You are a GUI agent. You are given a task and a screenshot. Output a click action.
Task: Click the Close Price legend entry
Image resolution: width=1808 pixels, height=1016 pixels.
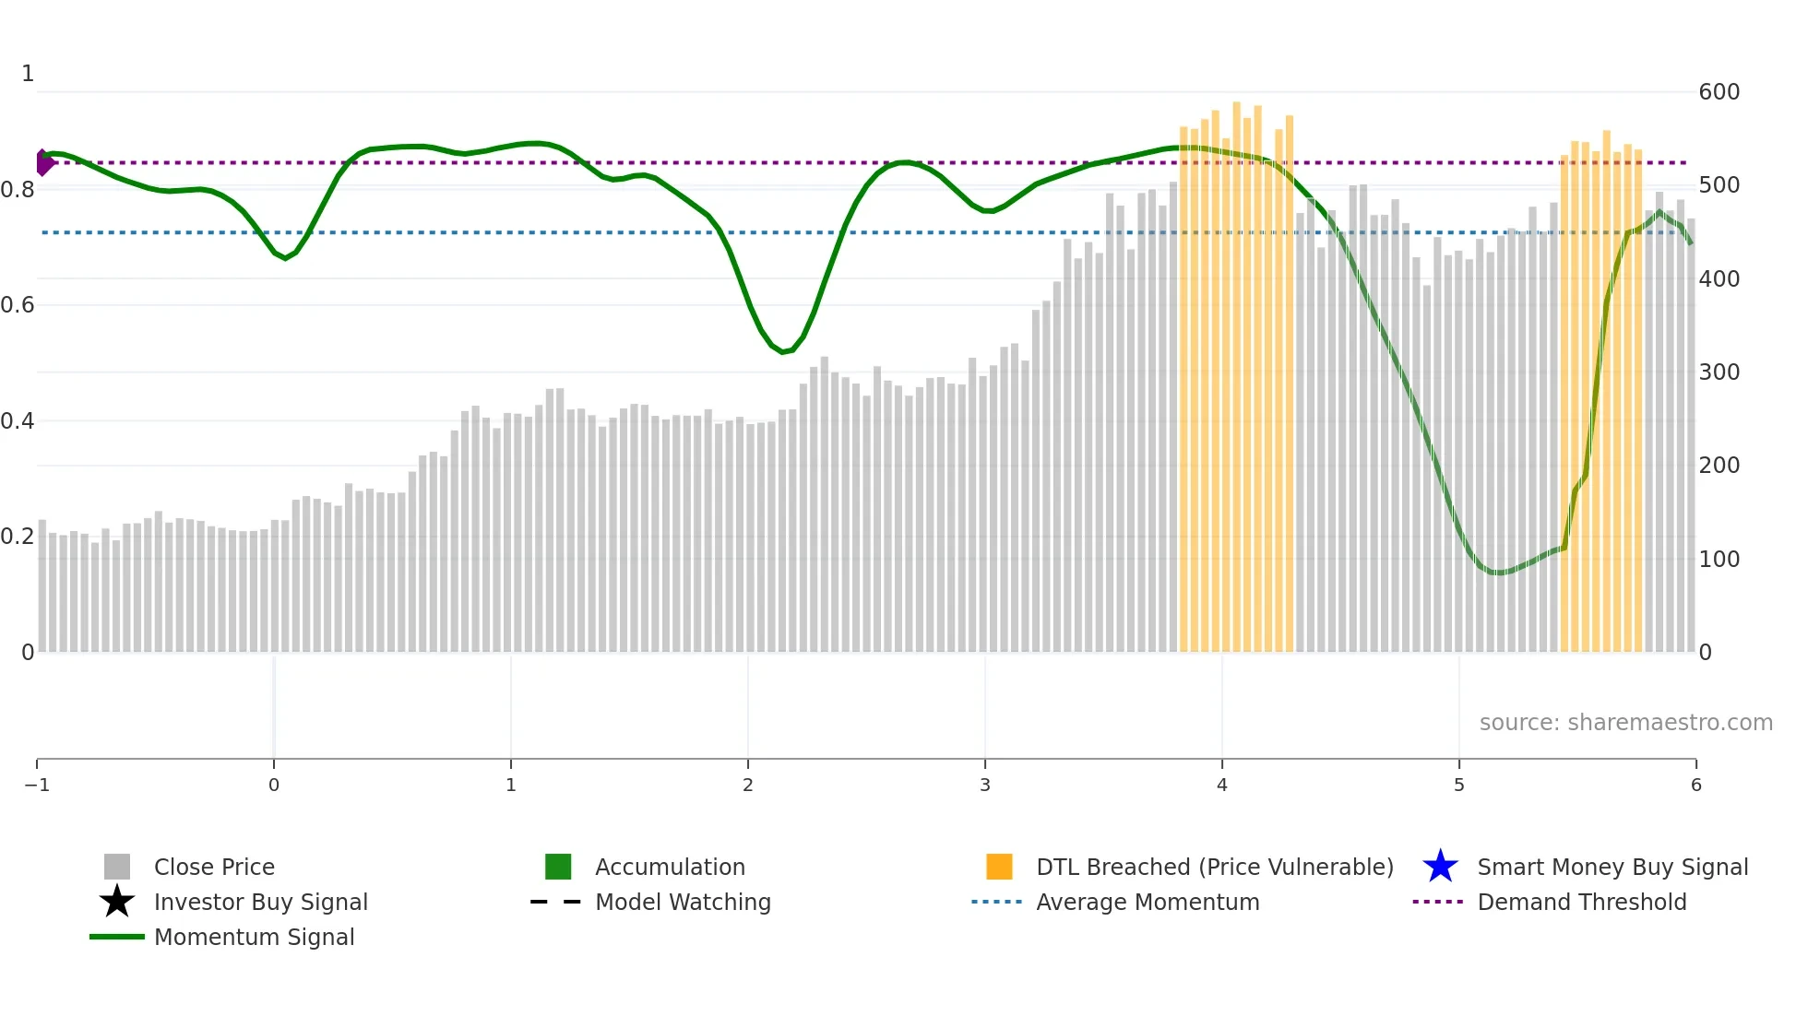pyautogui.click(x=214, y=867)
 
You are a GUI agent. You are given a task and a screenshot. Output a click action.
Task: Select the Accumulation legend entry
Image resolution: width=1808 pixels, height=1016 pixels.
pyautogui.click(x=670, y=867)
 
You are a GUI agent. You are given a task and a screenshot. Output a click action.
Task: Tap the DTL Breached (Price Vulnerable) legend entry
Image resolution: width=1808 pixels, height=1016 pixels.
pyautogui.click(x=1214, y=867)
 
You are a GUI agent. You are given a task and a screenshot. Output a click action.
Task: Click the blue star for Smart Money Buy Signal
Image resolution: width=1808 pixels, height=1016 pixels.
pyautogui.click(x=1440, y=867)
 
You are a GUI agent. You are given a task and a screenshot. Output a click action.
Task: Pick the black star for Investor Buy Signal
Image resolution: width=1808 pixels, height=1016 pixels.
pyautogui.click(x=117, y=902)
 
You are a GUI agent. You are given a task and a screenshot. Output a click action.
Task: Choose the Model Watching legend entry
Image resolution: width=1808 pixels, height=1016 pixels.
pyautogui.click(x=683, y=902)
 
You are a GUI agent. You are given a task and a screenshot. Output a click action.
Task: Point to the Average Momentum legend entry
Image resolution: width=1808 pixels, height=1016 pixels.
pyautogui.click(x=1148, y=902)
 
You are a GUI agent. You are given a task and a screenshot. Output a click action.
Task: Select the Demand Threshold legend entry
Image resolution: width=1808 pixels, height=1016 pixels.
pyautogui.click(x=1581, y=902)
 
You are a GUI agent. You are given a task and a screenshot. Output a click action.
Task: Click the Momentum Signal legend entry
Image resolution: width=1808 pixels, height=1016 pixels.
pyautogui.click(x=254, y=937)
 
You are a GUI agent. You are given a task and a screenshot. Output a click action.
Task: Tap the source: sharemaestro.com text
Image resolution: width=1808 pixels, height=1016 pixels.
pyautogui.click(x=1625, y=722)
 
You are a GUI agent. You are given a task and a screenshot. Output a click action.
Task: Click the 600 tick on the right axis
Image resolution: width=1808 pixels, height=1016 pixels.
pyautogui.click(x=1719, y=92)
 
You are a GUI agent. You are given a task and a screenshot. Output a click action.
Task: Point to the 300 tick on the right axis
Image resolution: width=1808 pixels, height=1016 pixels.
pyautogui.click(x=1719, y=372)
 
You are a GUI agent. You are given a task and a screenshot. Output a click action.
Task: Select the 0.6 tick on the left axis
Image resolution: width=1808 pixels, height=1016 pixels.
pyautogui.click(x=18, y=305)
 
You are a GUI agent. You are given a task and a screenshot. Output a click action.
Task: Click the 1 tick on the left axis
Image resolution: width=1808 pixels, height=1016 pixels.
pyautogui.click(x=28, y=74)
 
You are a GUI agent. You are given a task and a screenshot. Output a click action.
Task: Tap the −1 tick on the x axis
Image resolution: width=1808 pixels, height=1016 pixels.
pyautogui.click(x=37, y=785)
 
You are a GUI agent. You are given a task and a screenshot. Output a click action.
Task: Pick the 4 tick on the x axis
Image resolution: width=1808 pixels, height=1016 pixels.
pyautogui.click(x=1222, y=785)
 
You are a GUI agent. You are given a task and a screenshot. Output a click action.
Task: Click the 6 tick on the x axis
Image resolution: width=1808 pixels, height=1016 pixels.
pyautogui.click(x=1695, y=785)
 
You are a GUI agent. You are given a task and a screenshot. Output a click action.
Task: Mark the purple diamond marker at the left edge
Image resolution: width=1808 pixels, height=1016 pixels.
pyautogui.click(x=43, y=163)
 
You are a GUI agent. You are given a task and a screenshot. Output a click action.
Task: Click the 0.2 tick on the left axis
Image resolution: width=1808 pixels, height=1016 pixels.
pyautogui.click(x=18, y=537)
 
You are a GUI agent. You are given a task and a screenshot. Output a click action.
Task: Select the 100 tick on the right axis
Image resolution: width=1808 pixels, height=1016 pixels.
pyautogui.click(x=1719, y=560)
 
